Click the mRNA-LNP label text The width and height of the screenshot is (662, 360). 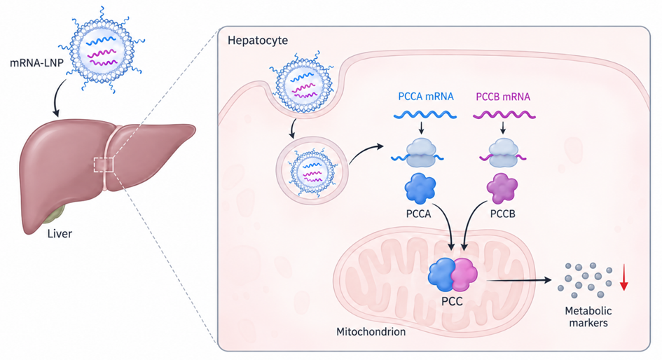36,63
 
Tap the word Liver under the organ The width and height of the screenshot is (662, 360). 60,234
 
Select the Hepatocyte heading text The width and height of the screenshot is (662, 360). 258,41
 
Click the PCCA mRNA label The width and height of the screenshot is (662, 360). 426,97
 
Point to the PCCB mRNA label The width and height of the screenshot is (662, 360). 503,97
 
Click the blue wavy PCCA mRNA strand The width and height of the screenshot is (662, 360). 425,115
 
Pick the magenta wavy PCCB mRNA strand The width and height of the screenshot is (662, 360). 504,115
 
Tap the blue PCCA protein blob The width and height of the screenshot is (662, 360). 420,189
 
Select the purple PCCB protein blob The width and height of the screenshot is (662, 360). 502,188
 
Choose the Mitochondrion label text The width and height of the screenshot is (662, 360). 371,332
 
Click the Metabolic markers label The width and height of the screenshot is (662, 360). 588,317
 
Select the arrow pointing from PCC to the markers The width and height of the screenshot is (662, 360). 519,280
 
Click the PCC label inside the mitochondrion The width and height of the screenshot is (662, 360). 452,301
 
